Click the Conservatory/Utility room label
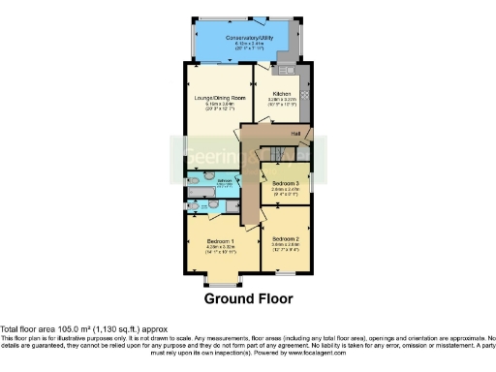pos(249,38)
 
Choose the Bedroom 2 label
pos(285,238)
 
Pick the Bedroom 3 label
pos(285,182)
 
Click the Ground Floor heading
pos(248,298)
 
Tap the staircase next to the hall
pos(280,152)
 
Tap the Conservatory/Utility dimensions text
pos(249,46)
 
